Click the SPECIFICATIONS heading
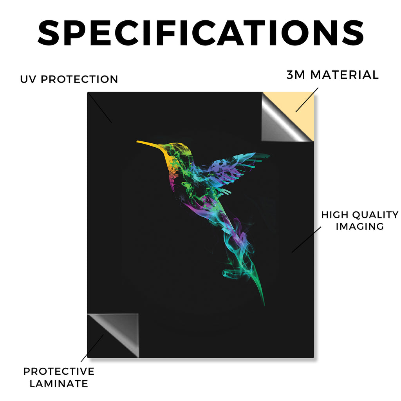pos(201,33)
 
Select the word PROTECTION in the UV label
pos(79,79)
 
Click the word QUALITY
pos(376,215)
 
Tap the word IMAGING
pos(360,226)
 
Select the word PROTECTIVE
pos(59,371)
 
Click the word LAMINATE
pos(59,384)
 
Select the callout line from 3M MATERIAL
pos(307,100)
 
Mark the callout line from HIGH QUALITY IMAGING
pos(306,240)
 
